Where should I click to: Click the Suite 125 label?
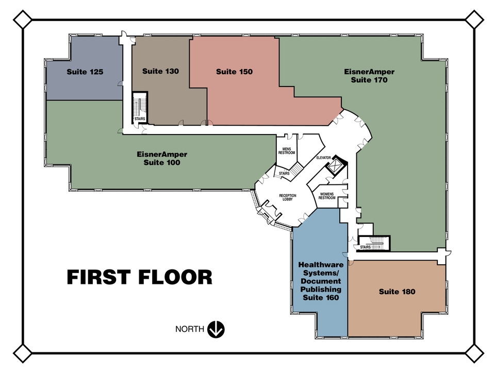coord(85,72)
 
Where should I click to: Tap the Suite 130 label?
coord(161,71)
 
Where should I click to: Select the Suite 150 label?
coord(234,72)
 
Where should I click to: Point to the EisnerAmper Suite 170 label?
coord(369,76)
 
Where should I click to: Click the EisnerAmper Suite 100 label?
coord(162,158)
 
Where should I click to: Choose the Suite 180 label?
coord(397,292)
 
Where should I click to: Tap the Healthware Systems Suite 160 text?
coord(321,281)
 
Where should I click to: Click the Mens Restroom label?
coord(287,151)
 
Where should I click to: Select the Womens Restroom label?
coord(327,196)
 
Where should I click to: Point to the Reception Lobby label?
coord(288,197)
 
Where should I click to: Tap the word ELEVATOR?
coord(324,158)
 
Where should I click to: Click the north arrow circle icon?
coord(216,330)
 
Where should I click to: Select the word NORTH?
coord(190,329)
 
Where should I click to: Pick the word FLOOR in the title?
coord(175,277)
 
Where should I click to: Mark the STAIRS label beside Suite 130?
coord(140,119)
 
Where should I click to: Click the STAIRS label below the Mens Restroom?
coord(284,174)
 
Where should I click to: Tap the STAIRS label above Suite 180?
coord(366,247)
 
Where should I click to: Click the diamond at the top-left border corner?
coord(23,20)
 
